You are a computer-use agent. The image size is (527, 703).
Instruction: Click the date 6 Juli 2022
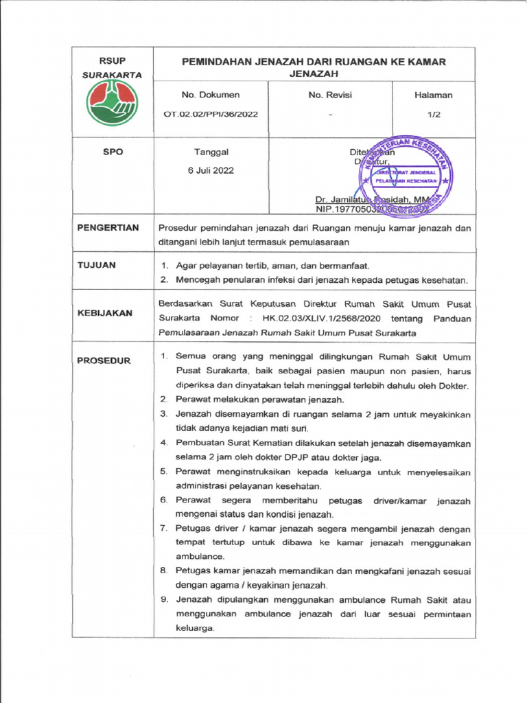211,170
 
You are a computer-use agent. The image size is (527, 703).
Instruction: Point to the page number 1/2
433,115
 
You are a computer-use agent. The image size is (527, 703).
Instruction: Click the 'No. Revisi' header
329,95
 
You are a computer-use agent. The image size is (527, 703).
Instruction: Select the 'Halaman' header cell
433,95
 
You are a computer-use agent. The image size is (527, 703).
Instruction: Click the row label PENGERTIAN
108,228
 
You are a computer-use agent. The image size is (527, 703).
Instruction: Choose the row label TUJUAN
97,265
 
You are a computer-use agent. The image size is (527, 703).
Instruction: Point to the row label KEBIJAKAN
104,312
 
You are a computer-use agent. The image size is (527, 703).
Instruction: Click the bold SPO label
113,152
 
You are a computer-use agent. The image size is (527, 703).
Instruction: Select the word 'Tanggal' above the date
211,152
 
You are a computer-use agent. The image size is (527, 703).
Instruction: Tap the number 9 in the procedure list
164,599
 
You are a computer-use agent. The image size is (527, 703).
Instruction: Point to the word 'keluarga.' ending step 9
196,628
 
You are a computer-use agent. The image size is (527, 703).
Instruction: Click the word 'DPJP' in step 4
290,457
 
